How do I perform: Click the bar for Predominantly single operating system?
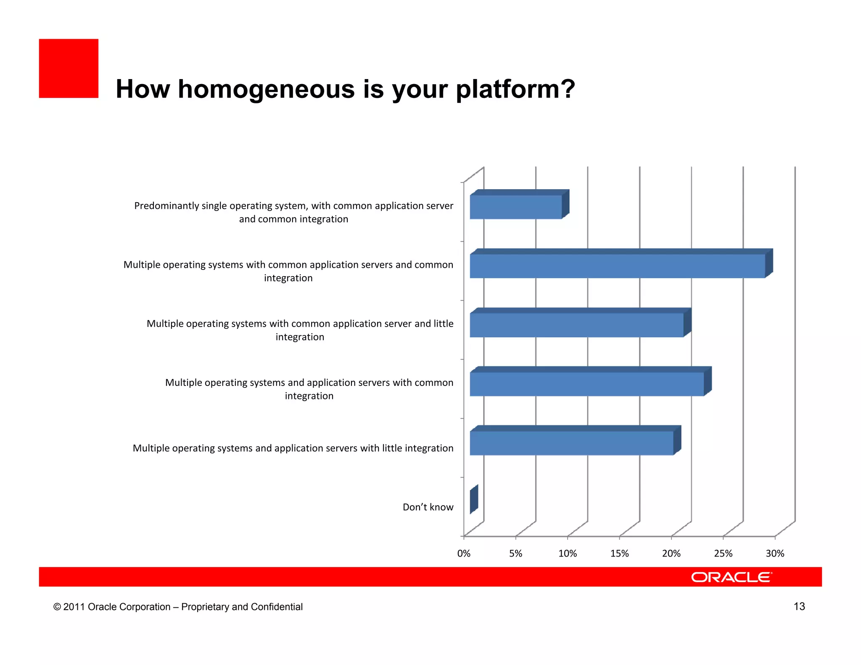coord(516,206)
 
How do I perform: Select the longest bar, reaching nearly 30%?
coord(617,266)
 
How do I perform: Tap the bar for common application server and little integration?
coord(576,325)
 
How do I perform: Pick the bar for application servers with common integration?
coord(586,383)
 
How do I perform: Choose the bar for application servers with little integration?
coord(571,443)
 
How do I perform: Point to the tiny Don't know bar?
coord(474,499)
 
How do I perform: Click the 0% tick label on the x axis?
coord(464,554)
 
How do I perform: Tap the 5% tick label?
coord(515,554)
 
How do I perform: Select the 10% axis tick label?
coord(568,554)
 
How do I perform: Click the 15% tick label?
coord(619,554)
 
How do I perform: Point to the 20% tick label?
coord(671,554)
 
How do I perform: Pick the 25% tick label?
coord(723,554)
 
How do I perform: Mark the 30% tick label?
coord(775,554)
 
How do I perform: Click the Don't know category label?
coord(428,507)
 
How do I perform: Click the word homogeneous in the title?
coord(267,90)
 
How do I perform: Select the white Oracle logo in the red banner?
coord(732,577)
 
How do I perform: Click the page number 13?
coord(799,607)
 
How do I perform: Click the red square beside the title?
coord(69,69)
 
